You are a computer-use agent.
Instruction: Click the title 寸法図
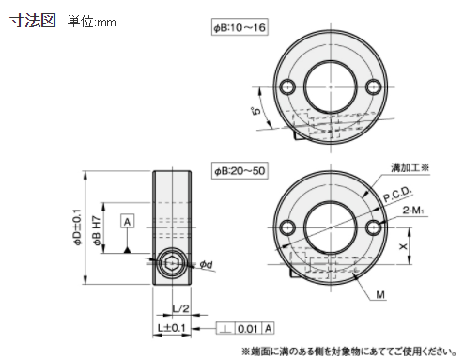tap(33, 21)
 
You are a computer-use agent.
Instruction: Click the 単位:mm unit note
tap(91, 22)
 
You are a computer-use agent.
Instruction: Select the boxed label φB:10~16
tap(240, 27)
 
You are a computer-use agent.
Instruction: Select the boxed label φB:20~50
tap(240, 171)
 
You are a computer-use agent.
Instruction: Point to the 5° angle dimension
tap(256, 111)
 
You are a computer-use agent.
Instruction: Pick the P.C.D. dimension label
tap(397, 195)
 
